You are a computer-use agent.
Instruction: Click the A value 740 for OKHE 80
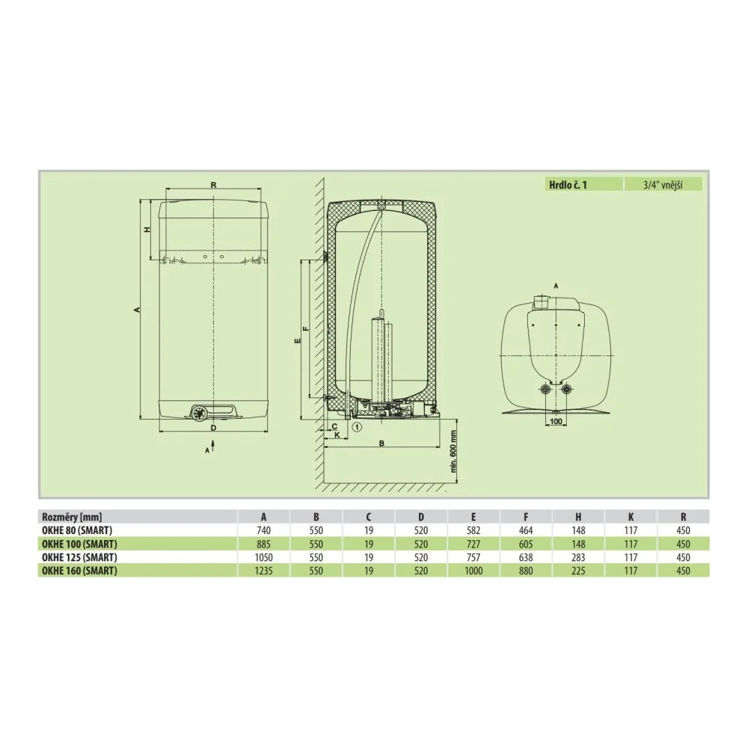263,530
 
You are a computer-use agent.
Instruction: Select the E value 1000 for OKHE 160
473,571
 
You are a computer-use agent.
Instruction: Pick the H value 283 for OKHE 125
578,557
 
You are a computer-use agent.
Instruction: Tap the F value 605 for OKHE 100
526,544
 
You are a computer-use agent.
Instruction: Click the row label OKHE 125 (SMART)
79,557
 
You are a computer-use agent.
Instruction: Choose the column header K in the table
631,517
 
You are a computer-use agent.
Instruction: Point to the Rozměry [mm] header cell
72,517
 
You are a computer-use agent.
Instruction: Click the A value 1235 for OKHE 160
263,571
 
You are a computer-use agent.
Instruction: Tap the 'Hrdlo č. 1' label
568,185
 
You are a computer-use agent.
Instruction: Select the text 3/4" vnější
663,185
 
